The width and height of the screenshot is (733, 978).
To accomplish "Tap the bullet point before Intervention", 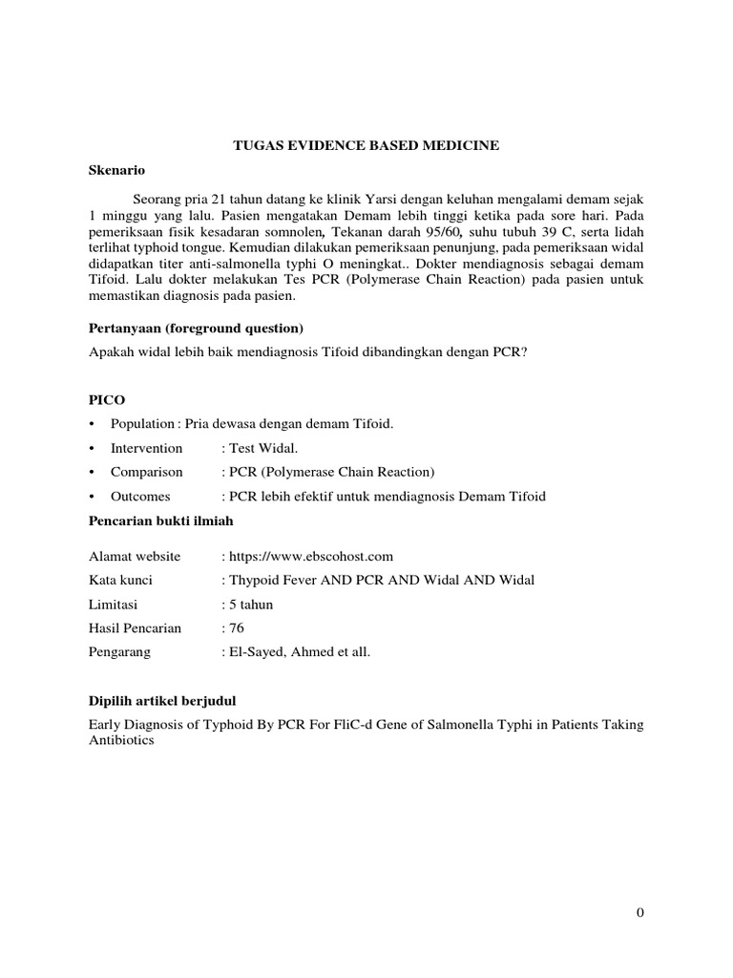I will pyautogui.click(x=92, y=448).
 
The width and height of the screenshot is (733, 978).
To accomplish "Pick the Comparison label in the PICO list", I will pyautogui.click(x=145, y=472).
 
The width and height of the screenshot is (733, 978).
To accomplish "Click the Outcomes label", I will pyautogui.click(x=140, y=496).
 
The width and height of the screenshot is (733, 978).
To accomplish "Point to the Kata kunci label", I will pyautogui.click(x=120, y=580).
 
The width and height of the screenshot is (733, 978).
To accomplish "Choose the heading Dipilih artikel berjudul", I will pyautogui.click(x=168, y=700).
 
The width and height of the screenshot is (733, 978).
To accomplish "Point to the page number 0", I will pyautogui.click(x=640, y=912).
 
